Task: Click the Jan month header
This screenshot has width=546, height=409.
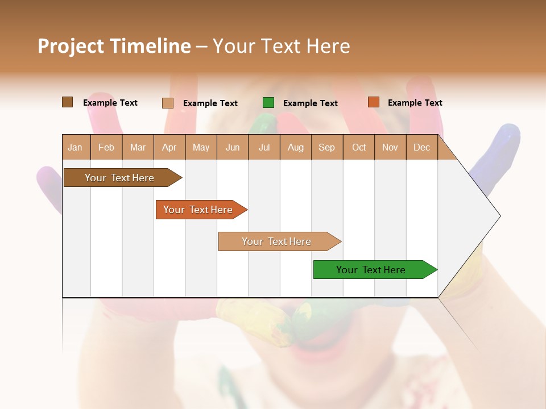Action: pyautogui.click(x=75, y=148)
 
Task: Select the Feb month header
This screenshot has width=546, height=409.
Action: pyautogui.click(x=106, y=148)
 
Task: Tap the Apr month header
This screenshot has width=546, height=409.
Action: pyautogui.click(x=169, y=148)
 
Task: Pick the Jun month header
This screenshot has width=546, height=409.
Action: pyautogui.click(x=233, y=148)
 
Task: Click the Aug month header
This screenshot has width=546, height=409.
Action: pyautogui.click(x=295, y=148)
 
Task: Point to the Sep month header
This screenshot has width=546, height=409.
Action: pyautogui.click(x=326, y=148)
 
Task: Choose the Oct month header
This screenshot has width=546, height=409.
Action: pyautogui.click(x=359, y=148)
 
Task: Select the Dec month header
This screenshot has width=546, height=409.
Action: pyautogui.click(x=421, y=148)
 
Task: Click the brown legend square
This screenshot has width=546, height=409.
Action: pyautogui.click(x=67, y=102)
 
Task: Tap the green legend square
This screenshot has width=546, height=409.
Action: pyautogui.click(x=268, y=103)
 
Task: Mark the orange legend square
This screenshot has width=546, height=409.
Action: pyautogui.click(x=373, y=102)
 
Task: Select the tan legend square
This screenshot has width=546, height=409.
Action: pyautogui.click(x=168, y=103)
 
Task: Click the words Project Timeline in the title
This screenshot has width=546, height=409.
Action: pyautogui.click(x=114, y=46)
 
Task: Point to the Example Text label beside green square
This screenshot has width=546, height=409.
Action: pyautogui.click(x=310, y=103)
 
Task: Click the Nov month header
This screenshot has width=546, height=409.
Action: pyautogui.click(x=390, y=148)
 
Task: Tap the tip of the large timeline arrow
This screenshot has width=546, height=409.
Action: pyautogui.click(x=499, y=216)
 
